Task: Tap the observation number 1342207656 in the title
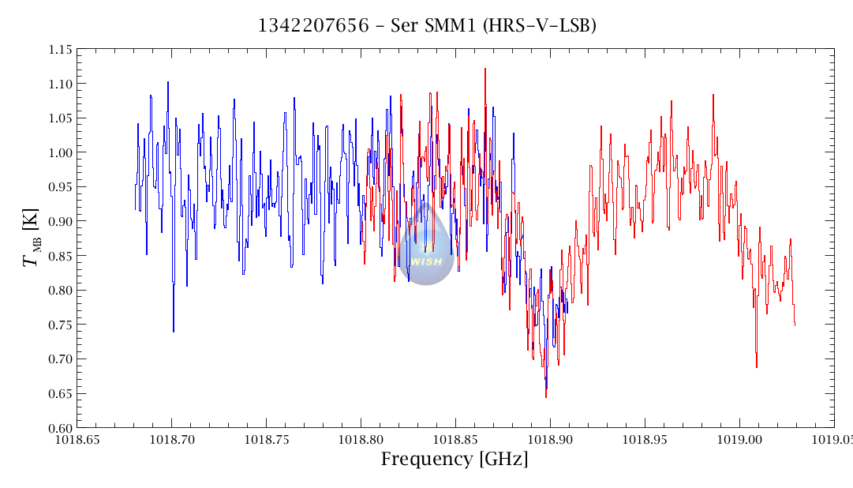(313, 25)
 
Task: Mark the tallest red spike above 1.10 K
(485, 69)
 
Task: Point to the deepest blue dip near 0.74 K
(174, 331)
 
